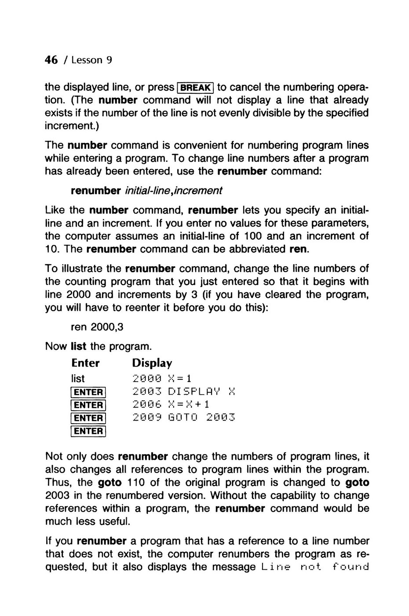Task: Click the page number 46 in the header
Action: tap(51, 60)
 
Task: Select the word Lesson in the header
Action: tap(87, 60)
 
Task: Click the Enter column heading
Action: tap(85, 363)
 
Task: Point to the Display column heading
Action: tap(152, 363)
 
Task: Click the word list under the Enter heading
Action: tap(78, 378)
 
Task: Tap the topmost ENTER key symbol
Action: tap(88, 392)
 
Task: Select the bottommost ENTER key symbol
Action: tap(88, 431)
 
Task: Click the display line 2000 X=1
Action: tap(162, 378)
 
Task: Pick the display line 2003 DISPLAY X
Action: tap(184, 392)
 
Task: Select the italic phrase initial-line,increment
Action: tap(174, 191)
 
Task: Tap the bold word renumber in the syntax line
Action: tap(96, 191)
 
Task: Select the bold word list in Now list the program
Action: tap(78, 346)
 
